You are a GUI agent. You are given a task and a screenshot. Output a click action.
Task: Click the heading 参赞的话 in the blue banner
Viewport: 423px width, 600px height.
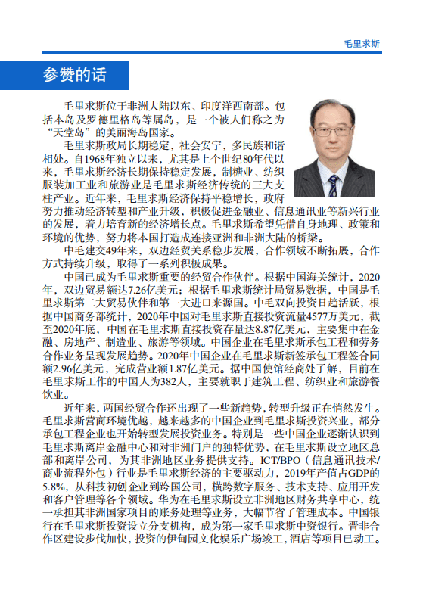[x=75, y=75]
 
